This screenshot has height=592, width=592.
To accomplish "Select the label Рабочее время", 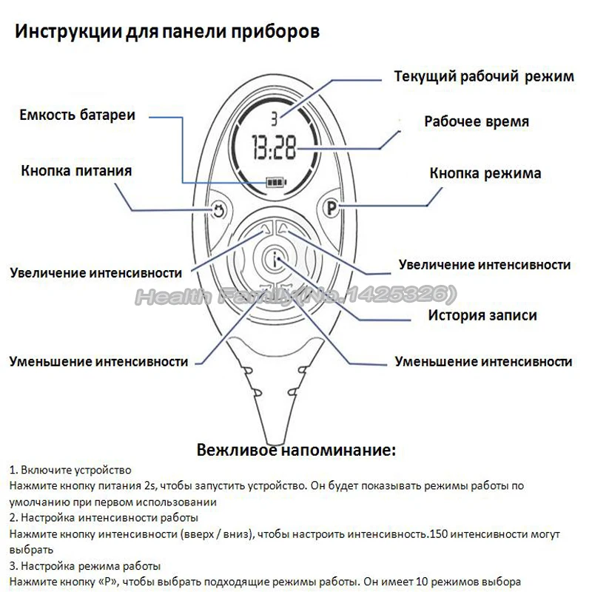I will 477,121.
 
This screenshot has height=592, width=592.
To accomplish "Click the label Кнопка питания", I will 77,171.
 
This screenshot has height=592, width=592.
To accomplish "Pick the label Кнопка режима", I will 485,174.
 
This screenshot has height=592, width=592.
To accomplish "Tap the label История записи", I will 482,315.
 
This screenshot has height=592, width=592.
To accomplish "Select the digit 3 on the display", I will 273,118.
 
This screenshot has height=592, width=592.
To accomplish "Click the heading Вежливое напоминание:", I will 296,450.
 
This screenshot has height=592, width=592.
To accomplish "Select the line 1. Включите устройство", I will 70,471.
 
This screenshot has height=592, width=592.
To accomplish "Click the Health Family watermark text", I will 292,296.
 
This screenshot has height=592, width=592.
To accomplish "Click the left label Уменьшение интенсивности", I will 98,362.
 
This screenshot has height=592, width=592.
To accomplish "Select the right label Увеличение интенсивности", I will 484,264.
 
